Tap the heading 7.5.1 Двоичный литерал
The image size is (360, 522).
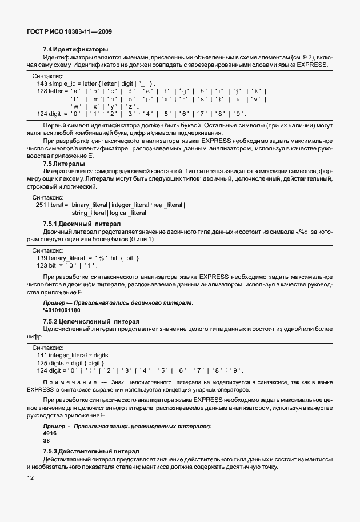82,224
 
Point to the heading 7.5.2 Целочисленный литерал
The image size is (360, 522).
87,322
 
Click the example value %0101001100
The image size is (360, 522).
62,310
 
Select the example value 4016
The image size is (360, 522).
50,433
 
